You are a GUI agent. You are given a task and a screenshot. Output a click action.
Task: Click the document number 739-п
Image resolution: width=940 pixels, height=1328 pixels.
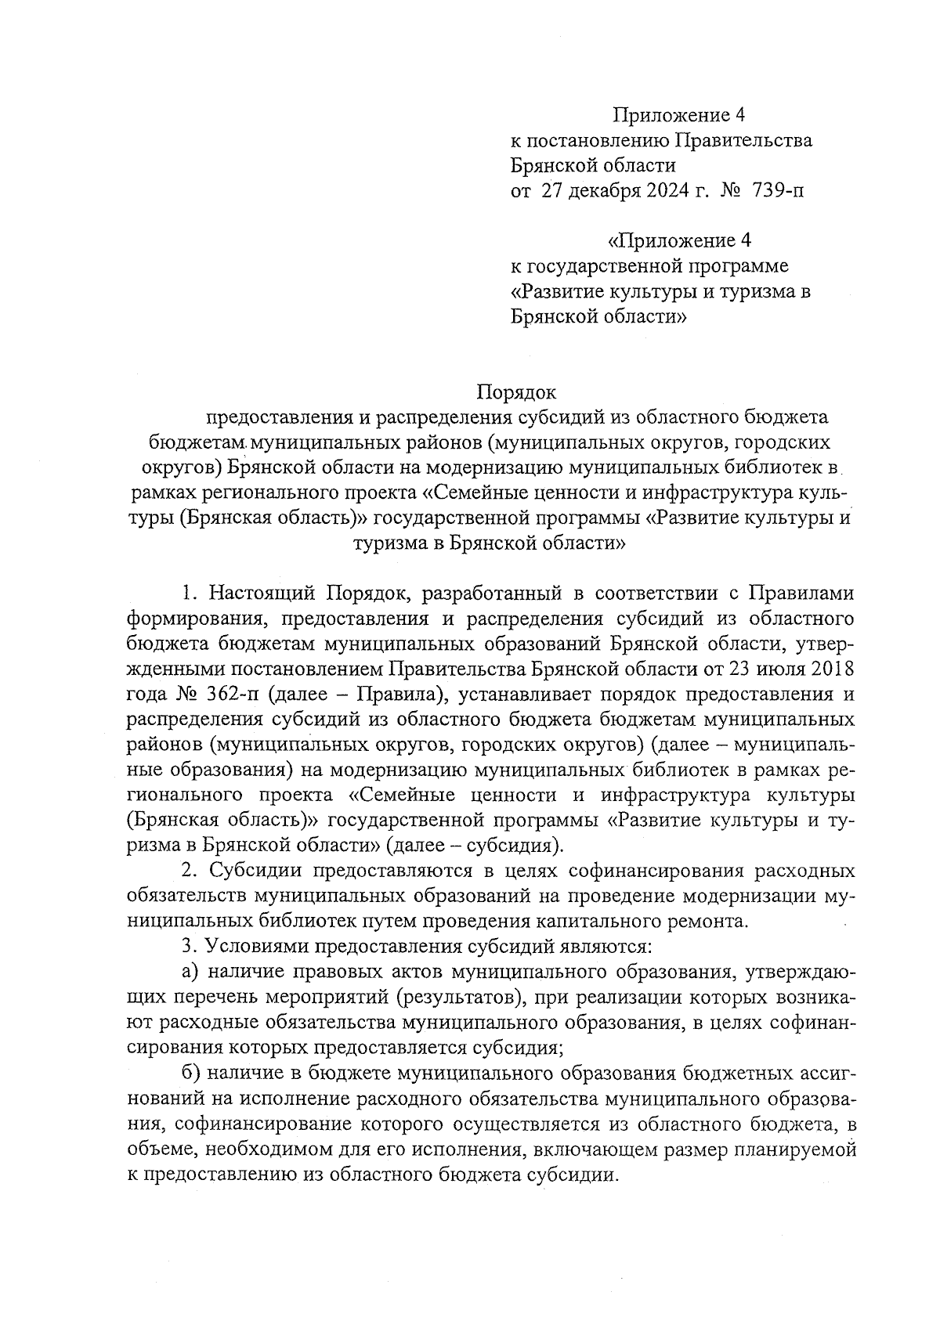(x=777, y=190)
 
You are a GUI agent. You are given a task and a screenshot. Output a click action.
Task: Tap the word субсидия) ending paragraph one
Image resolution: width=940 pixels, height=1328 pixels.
(x=516, y=846)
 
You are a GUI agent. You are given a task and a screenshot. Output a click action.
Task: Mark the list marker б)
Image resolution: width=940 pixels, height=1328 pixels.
(x=190, y=1073)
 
